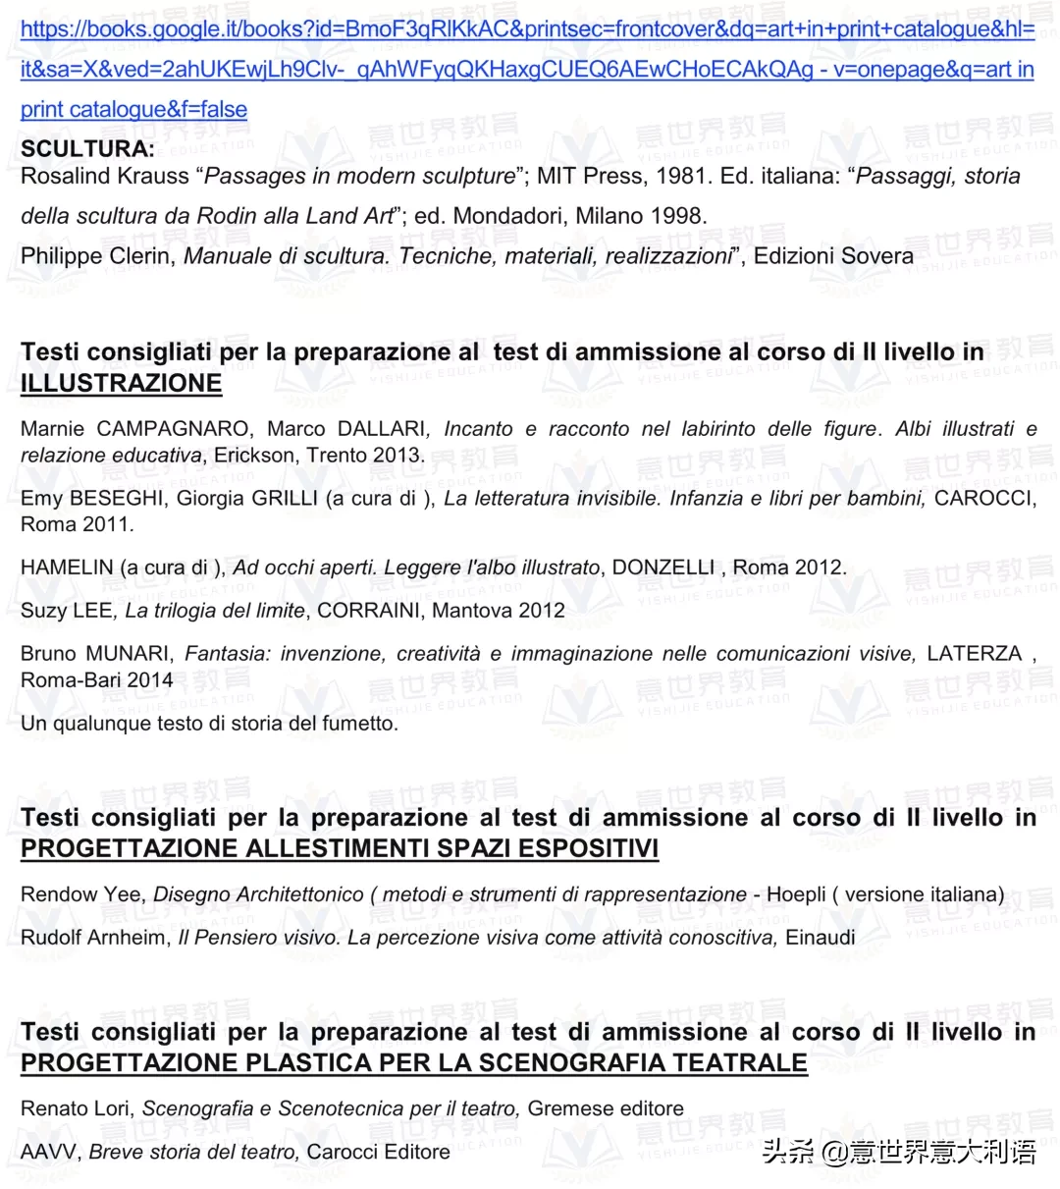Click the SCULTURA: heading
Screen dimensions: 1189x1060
click(87, 149)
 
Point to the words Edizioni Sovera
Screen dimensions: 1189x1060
click(833, 256)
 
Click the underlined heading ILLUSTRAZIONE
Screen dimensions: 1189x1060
click(121, 383)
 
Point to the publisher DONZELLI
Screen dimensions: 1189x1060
click(663, 567)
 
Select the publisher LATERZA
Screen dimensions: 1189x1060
click(974, 654)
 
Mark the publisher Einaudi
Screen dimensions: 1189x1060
click(820, 938)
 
